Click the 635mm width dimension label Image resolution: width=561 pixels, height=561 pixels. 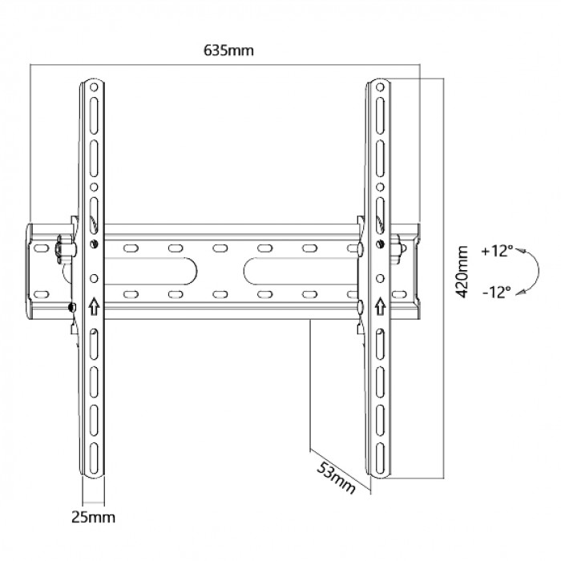tap(228, 50)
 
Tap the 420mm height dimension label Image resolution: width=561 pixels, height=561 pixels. tap(462, 272)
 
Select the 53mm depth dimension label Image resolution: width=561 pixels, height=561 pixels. tap(337, 478)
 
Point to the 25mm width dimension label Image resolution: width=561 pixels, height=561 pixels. tap(94, 517)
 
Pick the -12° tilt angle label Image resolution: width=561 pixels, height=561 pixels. tap(497, 293)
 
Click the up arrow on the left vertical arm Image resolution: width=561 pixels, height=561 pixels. tap(94, 306)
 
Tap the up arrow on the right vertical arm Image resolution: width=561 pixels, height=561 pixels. tap(380, 306)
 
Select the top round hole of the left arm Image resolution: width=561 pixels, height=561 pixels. tap(94, 87)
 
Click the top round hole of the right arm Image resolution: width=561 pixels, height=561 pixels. tap(380, 87)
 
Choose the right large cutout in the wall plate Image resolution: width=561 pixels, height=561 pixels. tap(301, 271)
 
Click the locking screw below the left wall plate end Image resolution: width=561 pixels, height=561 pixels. tap(71, 307)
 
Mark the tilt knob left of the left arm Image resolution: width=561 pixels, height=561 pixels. tap(61, 248)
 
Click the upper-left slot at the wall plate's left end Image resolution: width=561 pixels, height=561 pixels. tap(41, 248)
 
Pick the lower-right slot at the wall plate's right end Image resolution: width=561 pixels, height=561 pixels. tap(399, 295)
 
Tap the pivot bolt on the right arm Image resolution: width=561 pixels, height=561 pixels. tap(380, 244)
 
